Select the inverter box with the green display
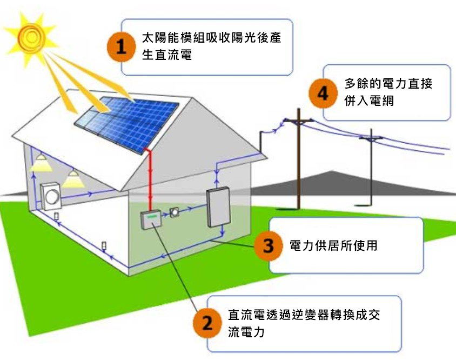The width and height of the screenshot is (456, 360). tap(152, 219)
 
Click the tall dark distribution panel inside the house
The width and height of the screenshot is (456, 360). tap(218, 208)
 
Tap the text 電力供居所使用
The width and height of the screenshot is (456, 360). tap(333, 245)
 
